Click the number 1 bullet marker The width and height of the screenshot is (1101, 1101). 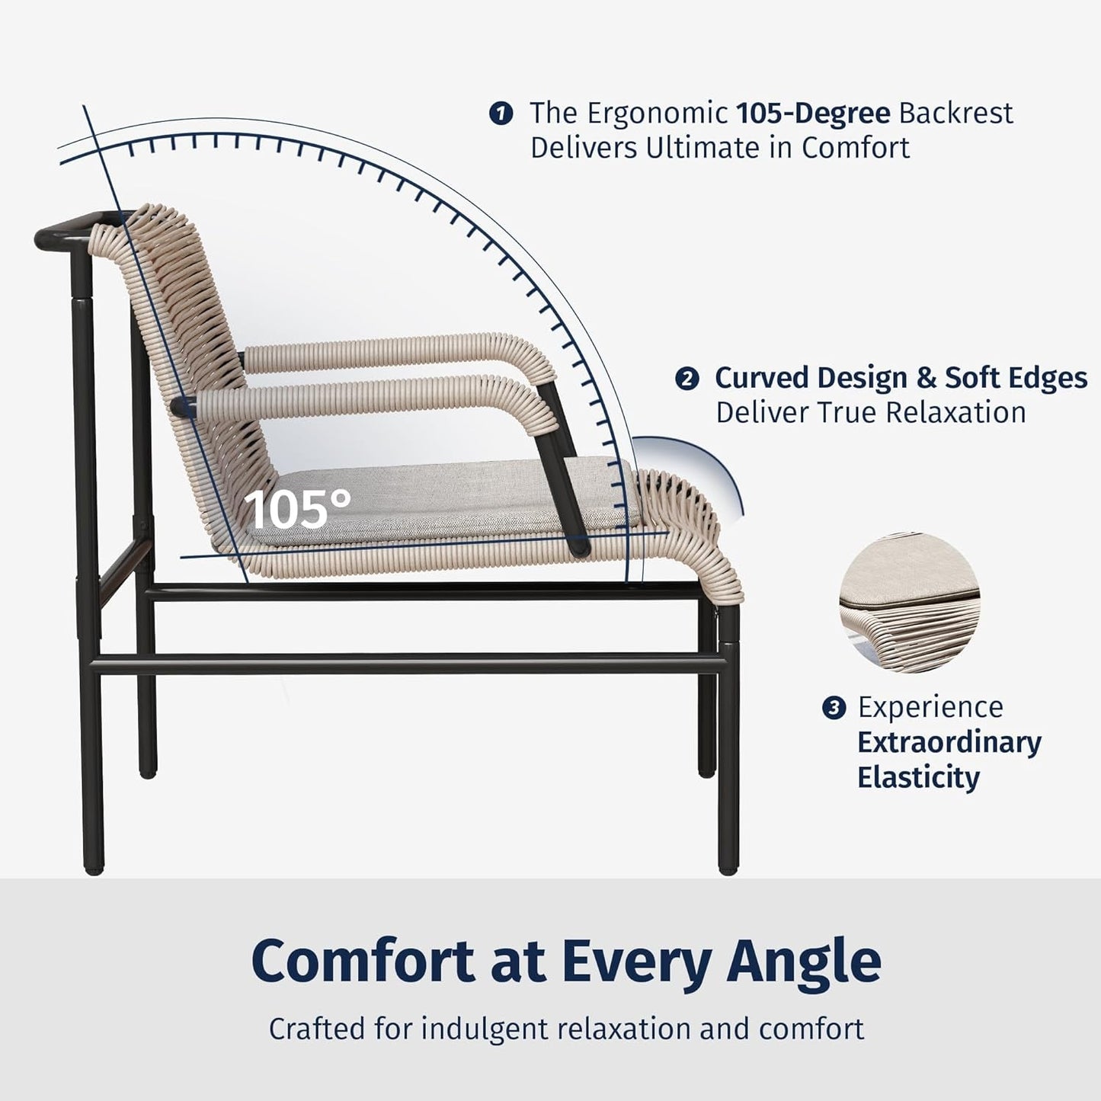[x=500, y=114]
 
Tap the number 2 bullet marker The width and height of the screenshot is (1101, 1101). [x=687, y=379]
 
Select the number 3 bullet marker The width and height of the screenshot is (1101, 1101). [x=834, y=708]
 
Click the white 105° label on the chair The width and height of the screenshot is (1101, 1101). [x=299, y=509]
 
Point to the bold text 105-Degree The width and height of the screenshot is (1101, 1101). [x=813, y=113]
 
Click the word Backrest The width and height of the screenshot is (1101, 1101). [x=955, y=113]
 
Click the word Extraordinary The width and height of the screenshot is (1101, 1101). [x=949, y=742]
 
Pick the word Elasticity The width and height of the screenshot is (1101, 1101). [x=918, y=777]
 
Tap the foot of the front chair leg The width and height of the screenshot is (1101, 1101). [x=728, y=865]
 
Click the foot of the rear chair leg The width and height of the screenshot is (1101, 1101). [x=92, y=865]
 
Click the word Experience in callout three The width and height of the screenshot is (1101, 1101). [x=930, y=707]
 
